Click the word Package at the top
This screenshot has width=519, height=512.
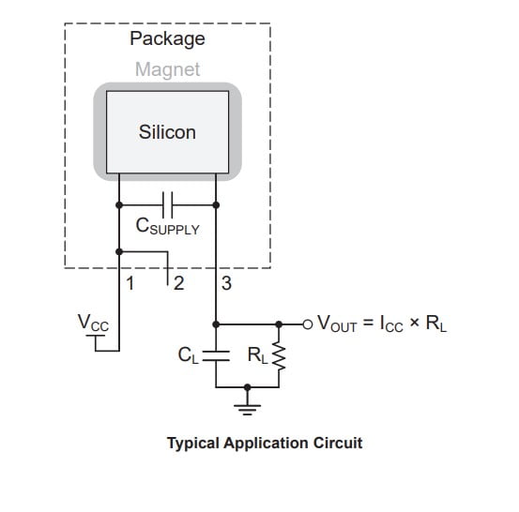166,39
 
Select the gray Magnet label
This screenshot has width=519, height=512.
167,69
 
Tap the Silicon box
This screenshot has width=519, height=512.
167,132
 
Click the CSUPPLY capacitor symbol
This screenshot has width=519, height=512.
168,203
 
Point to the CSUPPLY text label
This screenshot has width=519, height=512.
168,227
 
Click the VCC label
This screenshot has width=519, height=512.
93,324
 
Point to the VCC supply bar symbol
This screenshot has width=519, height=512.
94,339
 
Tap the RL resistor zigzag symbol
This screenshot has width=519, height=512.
278,355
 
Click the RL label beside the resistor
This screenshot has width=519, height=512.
255,355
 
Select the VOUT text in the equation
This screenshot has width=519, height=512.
337,325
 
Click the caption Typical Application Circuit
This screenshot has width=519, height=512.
264,443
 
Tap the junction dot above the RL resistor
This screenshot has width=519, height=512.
278,324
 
